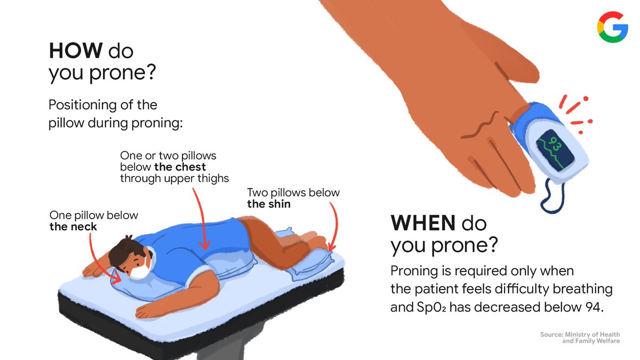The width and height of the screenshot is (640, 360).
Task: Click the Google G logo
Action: pos(612,27)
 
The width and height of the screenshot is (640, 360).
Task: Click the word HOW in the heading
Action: pos(76,51)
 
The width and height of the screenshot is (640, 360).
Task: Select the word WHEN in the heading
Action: pos(422,223)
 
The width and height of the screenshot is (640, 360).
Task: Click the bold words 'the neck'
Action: pos(73,227)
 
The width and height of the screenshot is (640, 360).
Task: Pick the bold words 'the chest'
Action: pos(180,167)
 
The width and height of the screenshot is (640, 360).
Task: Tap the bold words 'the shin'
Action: pos(269,204)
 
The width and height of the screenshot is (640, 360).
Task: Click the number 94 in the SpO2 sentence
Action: pos(594,307)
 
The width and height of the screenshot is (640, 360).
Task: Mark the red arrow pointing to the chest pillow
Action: pos(202,219)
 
